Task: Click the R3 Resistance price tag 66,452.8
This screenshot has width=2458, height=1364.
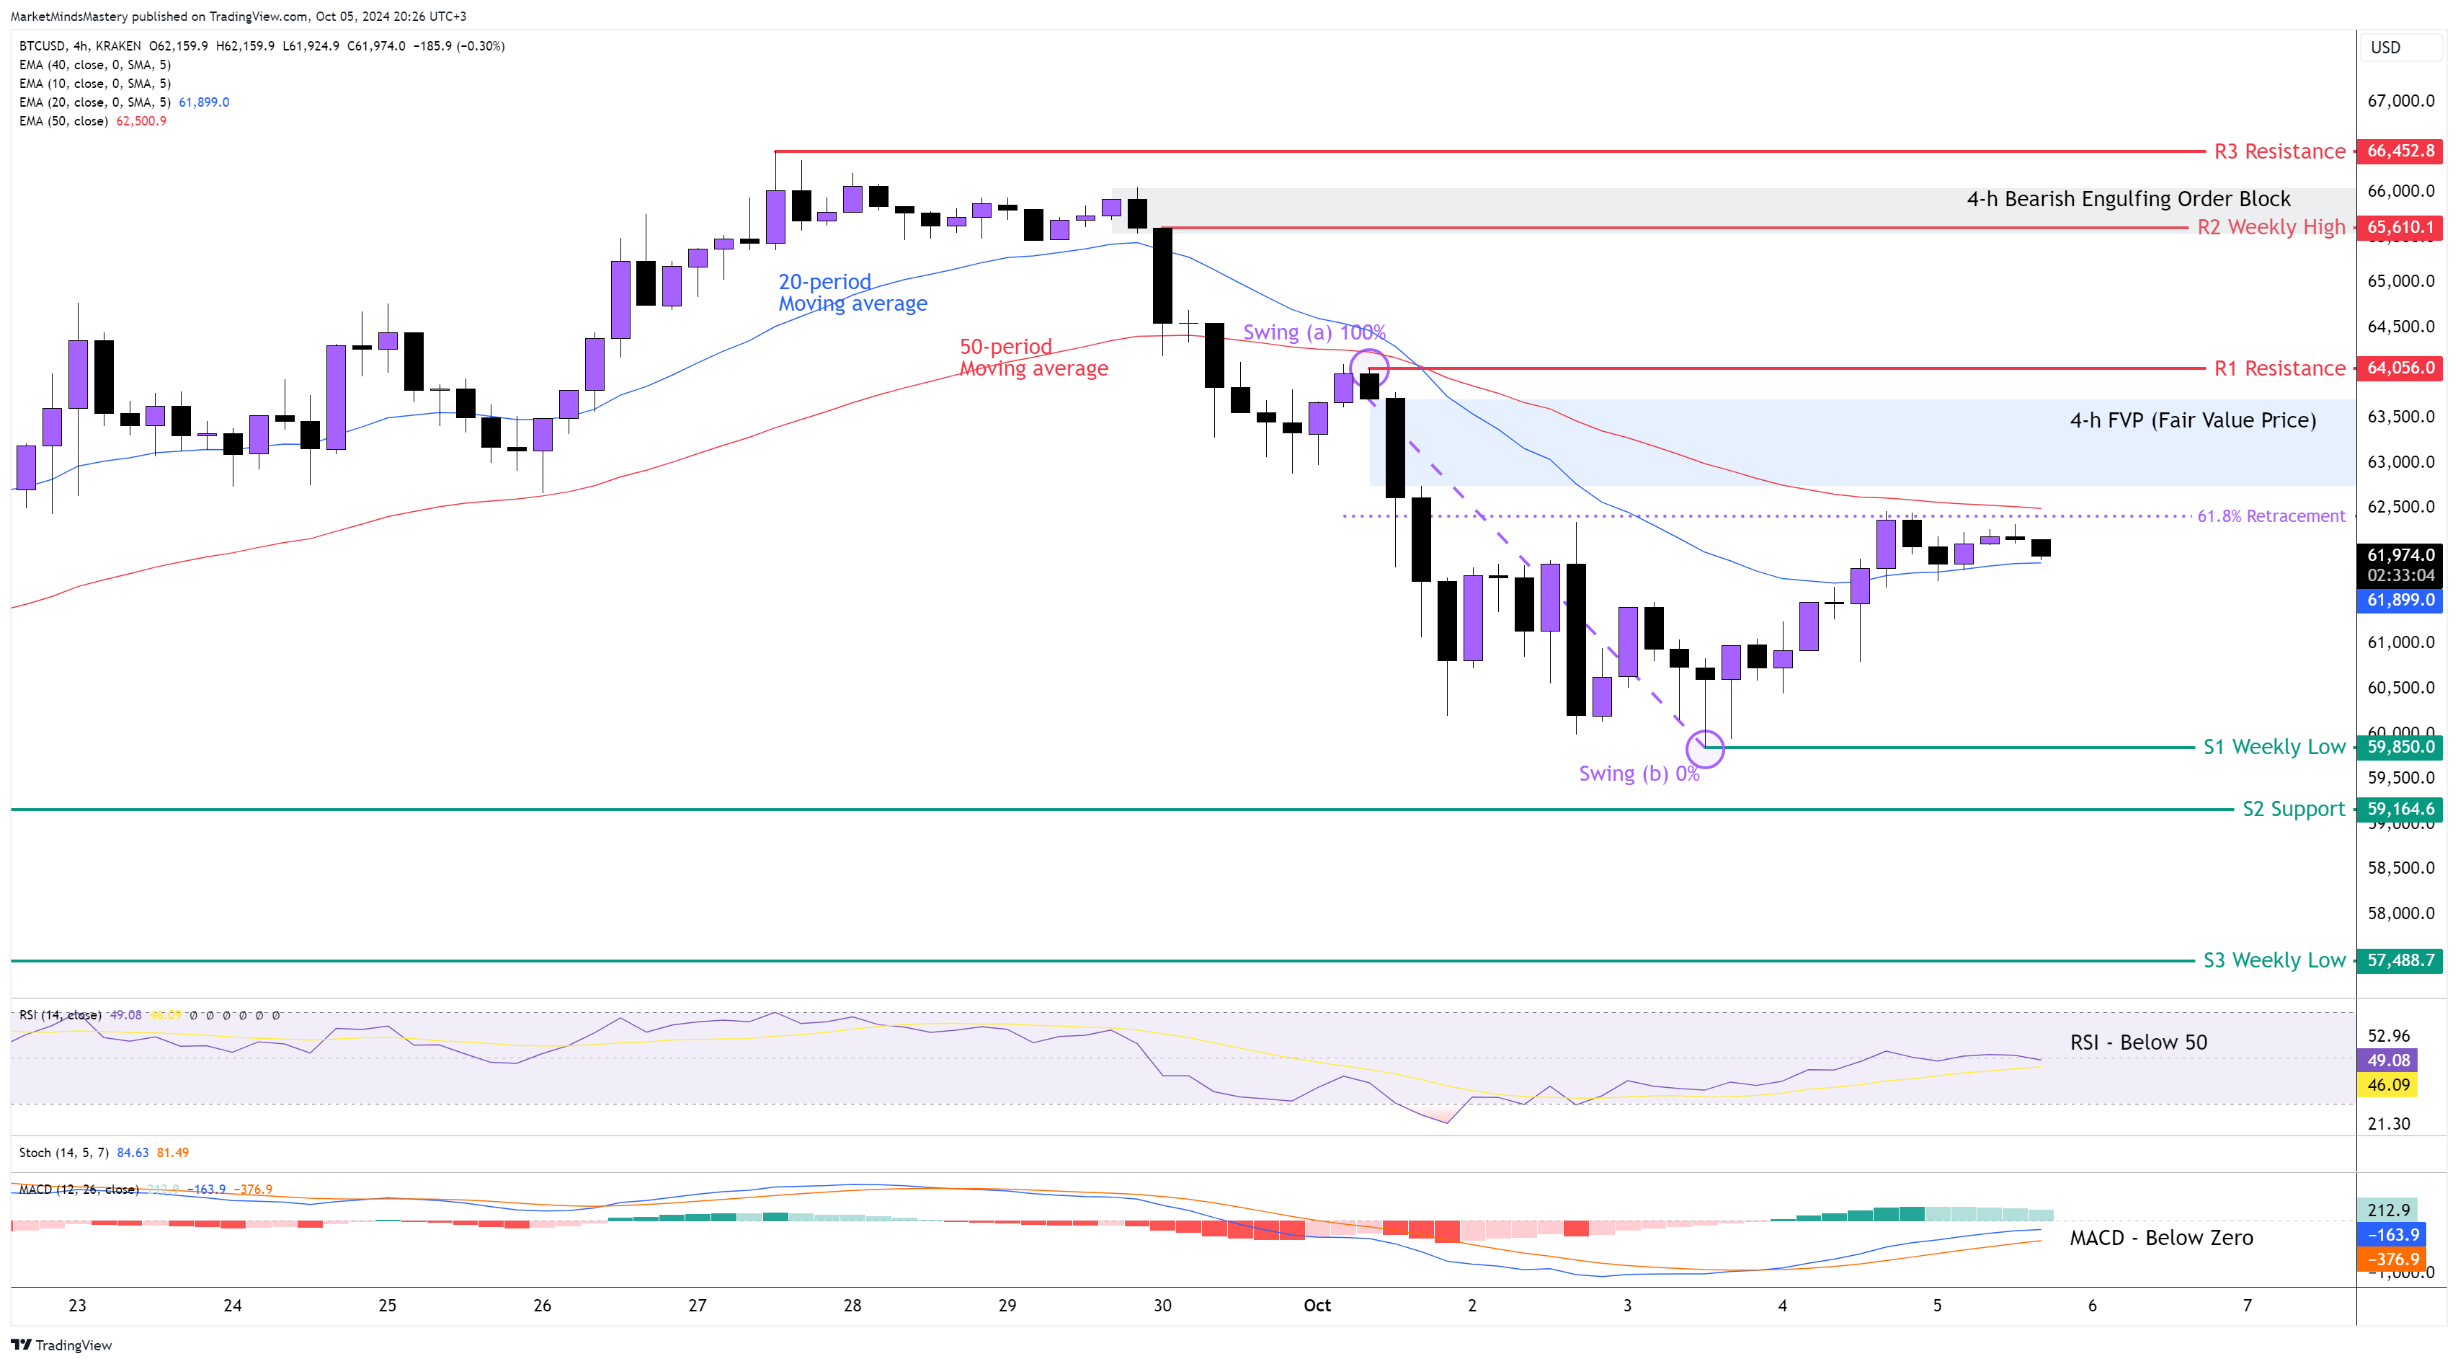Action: click(x=2400, y=151)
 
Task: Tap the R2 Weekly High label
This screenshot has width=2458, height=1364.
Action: click(x=2270, y=227)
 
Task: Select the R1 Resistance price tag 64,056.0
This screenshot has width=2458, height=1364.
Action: click(x=2400, y=368)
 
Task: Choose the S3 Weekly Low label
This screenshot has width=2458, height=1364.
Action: click(x=2273, y=960)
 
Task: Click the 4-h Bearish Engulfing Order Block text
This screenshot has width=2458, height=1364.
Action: click(x=2128, y=198)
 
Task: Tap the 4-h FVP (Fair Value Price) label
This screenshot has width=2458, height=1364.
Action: click(x=2192, y=420)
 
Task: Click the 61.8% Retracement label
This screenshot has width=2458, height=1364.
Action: click(x=2270, y=516)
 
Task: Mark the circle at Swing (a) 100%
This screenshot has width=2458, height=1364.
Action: click(x=1369, y=368)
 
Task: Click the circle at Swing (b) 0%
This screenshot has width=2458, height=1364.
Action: click(x=1705, y=748)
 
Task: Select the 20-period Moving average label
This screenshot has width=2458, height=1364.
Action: click(x=851, y=292)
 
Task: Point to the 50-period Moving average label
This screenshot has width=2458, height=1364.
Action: click(x=1033, y=357)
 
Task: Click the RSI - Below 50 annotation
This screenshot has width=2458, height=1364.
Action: click(x=2138, y=1042)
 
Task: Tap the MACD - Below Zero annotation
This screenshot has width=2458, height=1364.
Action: click(x=2160, y=1238)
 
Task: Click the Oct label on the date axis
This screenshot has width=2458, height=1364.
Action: click(x=1317, y=1305)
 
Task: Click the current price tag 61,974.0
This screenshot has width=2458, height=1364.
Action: click(x=2400, y=554)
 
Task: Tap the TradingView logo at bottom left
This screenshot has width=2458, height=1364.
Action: click(x=61, y=1345)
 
